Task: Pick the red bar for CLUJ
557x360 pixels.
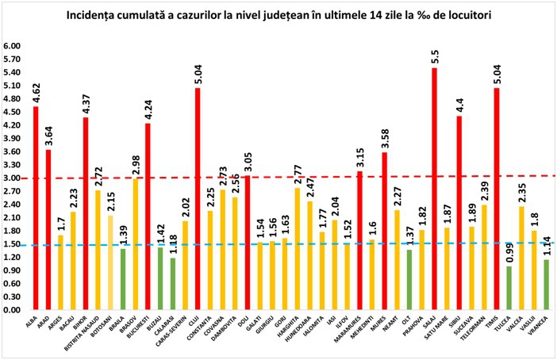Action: click(x=198, y=198)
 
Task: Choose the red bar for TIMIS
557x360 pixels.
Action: click(x=496, y=198)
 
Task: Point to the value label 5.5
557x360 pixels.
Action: click(x=434, y=53)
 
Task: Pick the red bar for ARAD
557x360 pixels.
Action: click(x=48, y=229)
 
